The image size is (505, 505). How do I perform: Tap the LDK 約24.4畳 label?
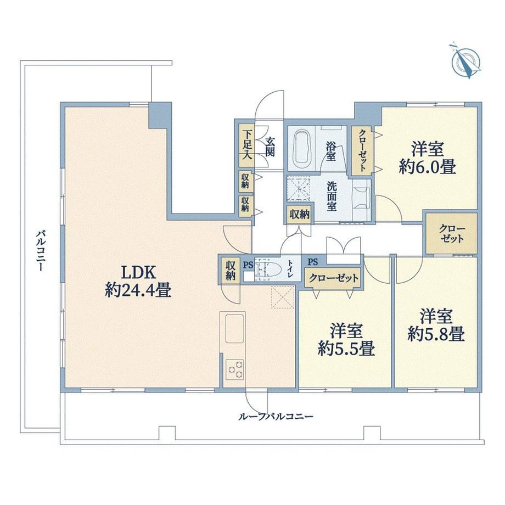click(138, 282)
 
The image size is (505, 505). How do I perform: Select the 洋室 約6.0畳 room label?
click(428, 158)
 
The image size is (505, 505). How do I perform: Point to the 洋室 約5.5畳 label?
click(346, 339)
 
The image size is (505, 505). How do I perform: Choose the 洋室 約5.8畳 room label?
click(436, 325)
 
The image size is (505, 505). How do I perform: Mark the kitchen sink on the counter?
click(235, 328)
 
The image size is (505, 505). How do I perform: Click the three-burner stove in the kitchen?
click(234, 369)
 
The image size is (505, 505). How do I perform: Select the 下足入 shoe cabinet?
click(248, 145)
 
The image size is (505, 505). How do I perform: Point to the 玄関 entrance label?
click(270, 147)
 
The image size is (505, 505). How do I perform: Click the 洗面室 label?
click(332, 197)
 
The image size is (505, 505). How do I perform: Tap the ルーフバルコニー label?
click(276, 417)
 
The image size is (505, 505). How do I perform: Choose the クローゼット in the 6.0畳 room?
click(362, 151)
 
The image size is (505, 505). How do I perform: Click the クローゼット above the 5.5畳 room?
click(333, 278)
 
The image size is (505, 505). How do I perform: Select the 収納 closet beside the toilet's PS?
click(231, 271)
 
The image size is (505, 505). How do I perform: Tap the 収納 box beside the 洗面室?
click(300, 214)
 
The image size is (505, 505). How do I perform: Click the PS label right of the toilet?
click(312, 262)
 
